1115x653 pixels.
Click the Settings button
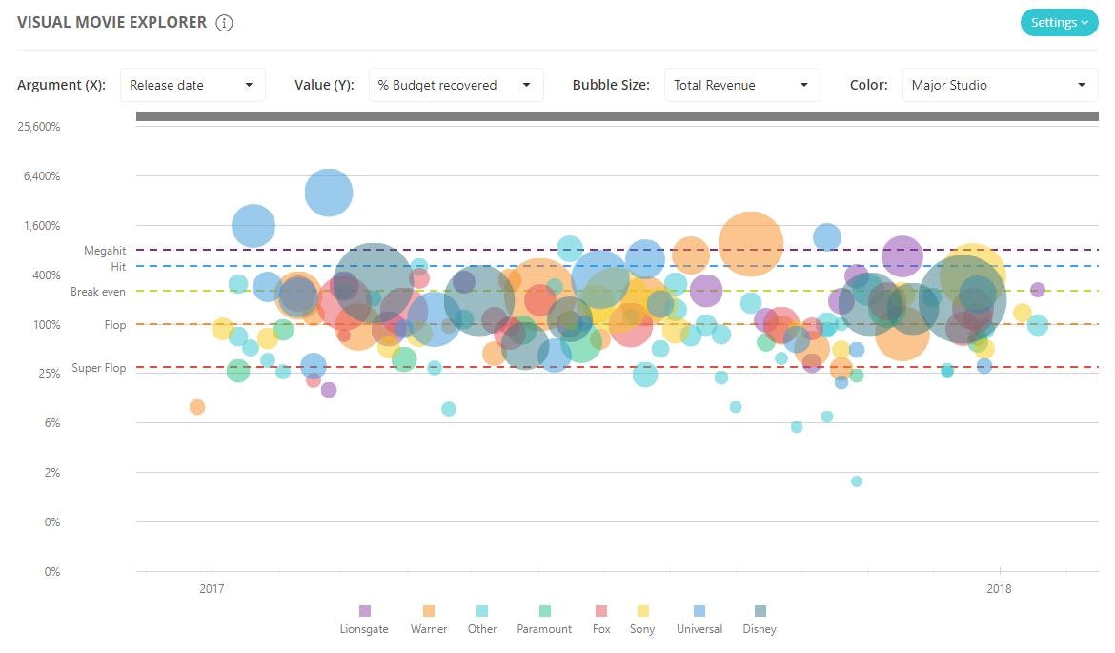coord(1059,23)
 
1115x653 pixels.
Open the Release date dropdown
coord(193,85)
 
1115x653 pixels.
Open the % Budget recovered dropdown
coord(456,85)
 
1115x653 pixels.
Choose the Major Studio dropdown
coord(997,85)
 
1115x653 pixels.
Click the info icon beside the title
coord(224,23)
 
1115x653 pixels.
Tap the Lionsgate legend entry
coord(364,620)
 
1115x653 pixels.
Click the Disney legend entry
coord(760,620)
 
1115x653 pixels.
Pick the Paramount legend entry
coord(544,620)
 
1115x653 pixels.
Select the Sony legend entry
coord(642,620)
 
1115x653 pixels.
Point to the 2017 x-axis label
coord(212,589)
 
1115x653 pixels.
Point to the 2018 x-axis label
coord(999,589)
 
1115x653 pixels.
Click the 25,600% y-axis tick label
coord(39,127)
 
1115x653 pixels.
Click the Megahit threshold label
coord(105,251)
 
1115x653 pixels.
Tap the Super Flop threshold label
coord(99,368)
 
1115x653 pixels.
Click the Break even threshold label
coord(98,292)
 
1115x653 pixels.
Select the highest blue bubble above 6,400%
coord(329,193)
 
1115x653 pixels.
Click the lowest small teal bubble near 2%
coord(856,481)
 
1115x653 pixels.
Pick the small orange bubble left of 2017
coord(197,407)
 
